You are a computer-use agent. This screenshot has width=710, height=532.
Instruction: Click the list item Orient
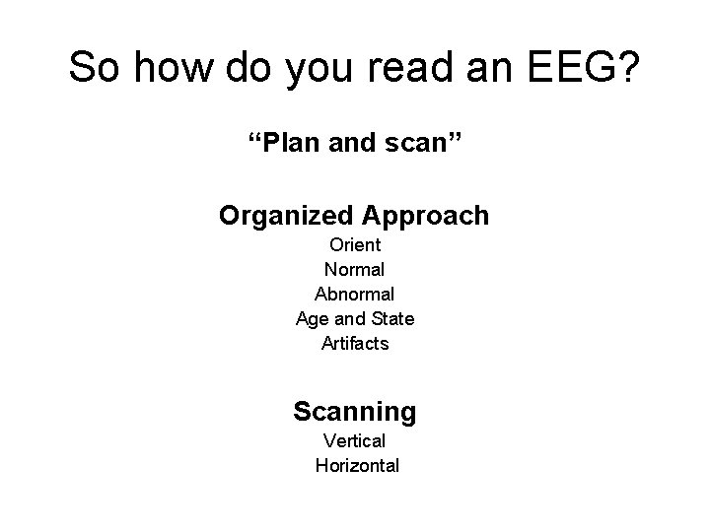[355, 244]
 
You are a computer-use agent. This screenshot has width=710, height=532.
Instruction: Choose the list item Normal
[355, 269]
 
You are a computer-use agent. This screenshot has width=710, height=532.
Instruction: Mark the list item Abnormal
[355, 294]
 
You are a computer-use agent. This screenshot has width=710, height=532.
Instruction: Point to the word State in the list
[392, 318]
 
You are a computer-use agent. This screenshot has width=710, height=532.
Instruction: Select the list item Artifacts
[355, 344]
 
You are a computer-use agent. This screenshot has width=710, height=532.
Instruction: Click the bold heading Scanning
[355, 411]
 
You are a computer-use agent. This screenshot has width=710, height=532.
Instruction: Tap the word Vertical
[355, 440]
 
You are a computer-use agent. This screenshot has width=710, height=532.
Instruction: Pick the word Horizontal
[357, 466]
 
